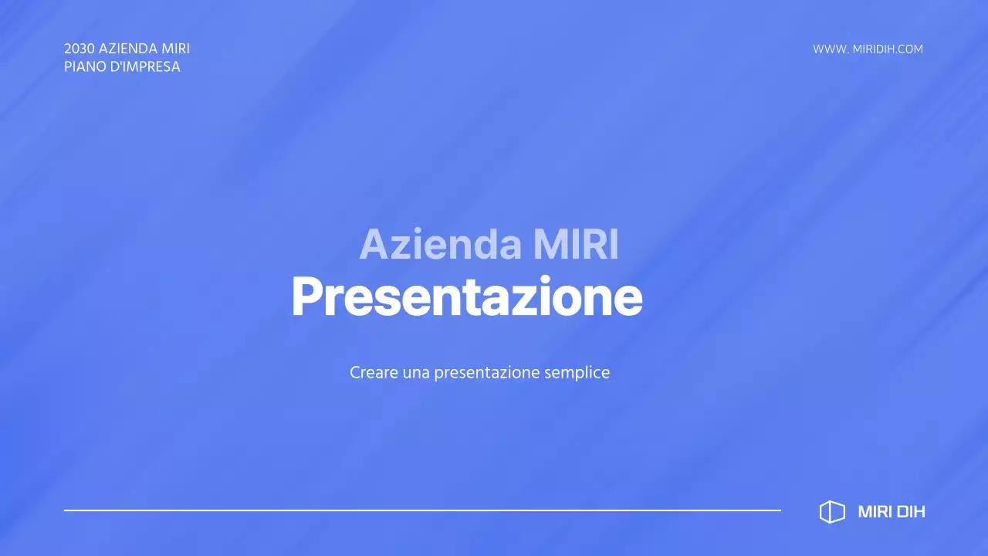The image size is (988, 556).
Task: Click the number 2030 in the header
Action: tap(80, 49)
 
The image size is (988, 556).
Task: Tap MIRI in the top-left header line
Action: tap(176, 49)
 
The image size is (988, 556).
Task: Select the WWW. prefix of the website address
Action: tap(831, 49)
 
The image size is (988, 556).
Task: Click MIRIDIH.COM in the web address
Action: tap(888, 49)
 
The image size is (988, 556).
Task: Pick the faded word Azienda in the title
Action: tap(440, 245)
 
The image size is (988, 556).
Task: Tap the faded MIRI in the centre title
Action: tap(576, 245)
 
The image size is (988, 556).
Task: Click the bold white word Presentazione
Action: tap(466, 297)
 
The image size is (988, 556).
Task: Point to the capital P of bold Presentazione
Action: tap(306, 297)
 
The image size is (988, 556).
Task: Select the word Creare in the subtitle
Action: tap(374, 372)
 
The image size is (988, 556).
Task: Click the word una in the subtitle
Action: tap(416, 372)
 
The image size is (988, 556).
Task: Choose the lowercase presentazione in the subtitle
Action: tap(486, 373)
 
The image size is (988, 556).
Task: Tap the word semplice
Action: tap(577, 373)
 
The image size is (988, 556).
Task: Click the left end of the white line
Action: tap(66, 510)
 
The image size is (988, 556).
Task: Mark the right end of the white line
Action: tap(779, 510)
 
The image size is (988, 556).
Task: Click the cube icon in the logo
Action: tap(832, 512)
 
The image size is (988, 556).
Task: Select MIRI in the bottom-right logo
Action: tap(873, 512)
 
